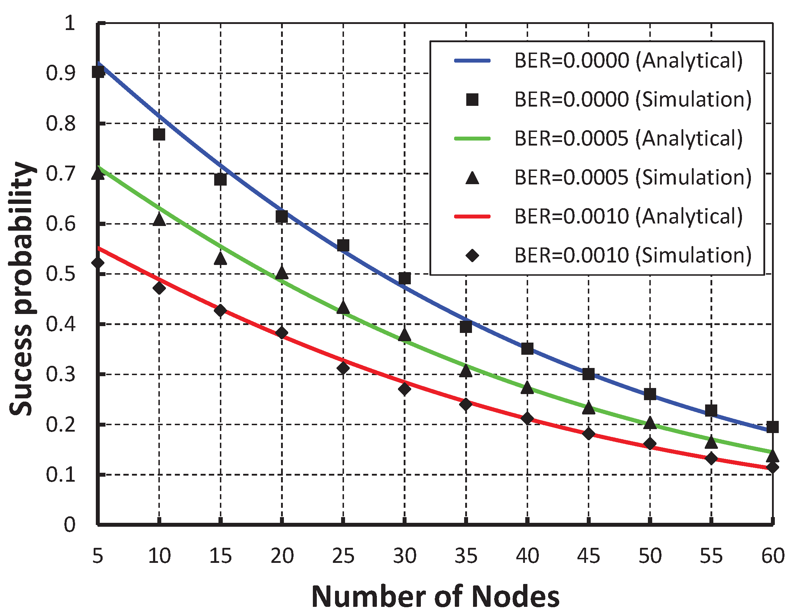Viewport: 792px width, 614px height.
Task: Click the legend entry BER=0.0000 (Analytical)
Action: coord(628,60)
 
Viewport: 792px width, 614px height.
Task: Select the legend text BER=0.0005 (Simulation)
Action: coord(633,177)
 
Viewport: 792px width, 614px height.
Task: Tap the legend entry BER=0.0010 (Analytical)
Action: coord(628,216)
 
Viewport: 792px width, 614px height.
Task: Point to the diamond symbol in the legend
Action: coord(472,256)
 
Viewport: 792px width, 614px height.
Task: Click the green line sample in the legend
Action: coord(472,138)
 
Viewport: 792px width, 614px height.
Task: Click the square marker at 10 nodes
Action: coord(159,134)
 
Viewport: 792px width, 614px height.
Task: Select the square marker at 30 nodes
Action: coord(405,279)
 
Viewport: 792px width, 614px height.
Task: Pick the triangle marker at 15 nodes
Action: coord(221,259)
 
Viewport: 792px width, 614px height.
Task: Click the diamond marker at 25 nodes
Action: coord(343,368)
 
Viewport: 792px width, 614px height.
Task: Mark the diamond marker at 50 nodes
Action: coord(650,444)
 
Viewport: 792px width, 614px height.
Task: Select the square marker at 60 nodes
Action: coord(772,427)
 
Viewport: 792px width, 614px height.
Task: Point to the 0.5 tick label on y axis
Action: coord(60,274)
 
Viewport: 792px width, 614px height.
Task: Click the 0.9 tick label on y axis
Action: coord(60,73)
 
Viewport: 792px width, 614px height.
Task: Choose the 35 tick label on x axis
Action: coord(466,556)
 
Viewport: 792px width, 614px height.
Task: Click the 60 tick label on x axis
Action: coord(772,556)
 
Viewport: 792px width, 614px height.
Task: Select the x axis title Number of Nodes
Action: coord(435,596)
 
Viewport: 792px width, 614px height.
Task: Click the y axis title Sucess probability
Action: coord(22,288)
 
